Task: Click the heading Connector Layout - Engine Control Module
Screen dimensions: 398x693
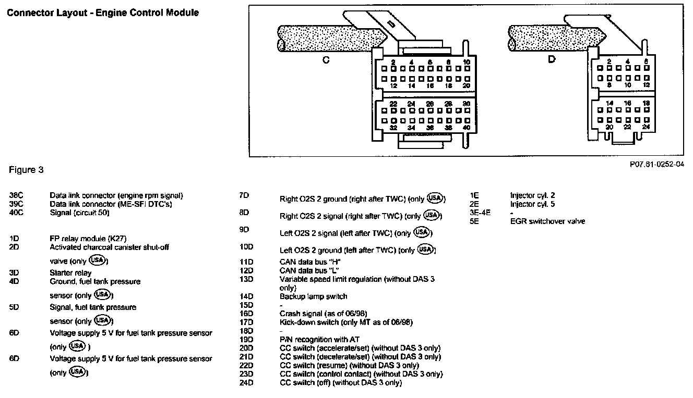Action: (x=103, y=13)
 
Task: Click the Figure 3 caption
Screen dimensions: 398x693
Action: (x=26, y=170)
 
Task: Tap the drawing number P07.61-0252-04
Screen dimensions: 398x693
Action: (x=656, y=164)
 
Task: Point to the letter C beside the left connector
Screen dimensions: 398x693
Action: (x=326, y=60)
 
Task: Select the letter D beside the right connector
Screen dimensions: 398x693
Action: (x=552, y=59)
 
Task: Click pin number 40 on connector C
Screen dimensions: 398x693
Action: (x=466, y=128)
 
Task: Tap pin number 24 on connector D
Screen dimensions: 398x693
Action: (x=646, y=127)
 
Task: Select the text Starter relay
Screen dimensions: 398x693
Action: (x=70, y=272)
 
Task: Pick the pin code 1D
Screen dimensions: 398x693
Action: (x=14, y=238)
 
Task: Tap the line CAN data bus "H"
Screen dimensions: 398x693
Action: (x=310, y=262)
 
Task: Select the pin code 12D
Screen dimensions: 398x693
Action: (x=245, y=270)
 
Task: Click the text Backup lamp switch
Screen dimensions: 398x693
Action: (x=313, y=296)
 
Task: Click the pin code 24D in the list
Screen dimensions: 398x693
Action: (x=245, y=382)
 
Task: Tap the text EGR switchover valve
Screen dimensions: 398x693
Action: (x=547, y=221)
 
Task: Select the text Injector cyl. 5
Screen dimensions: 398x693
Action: (x=532, y=204)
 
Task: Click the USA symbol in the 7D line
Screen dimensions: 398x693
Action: (x=435, y=198)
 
